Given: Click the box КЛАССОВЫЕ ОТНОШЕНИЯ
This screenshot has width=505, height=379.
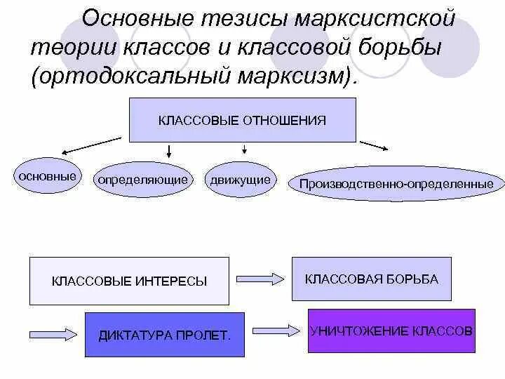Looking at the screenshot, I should pos(242,120).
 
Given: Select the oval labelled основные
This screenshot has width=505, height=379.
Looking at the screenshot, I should pos(48,176).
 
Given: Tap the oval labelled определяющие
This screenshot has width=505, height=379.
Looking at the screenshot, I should pos(142,180).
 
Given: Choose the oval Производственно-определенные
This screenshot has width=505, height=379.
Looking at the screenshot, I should pos(396,184).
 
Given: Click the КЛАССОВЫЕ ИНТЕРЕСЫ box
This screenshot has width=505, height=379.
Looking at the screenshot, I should pos(129,281).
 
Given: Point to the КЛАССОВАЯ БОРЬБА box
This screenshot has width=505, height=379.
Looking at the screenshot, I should pos(371,279).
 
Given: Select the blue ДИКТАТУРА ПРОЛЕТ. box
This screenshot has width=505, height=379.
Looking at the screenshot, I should pos(164,334).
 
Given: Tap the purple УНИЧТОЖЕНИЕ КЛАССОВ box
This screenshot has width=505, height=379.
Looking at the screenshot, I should pos(391,330).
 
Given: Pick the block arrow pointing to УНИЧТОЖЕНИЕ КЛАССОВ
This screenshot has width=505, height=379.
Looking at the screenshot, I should pos(276,331).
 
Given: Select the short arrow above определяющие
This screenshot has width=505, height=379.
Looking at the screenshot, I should pos(168,150).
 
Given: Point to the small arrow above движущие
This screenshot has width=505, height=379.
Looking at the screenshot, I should pos(244,148).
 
